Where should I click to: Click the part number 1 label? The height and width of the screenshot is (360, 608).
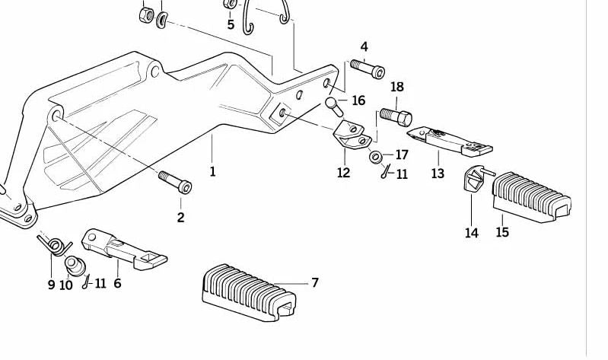tap(212, 171)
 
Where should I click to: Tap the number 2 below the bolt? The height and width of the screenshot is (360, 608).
tap(180, 218)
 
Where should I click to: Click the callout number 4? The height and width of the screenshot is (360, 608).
tap(364, 47)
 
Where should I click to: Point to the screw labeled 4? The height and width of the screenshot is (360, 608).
tap(368, 70)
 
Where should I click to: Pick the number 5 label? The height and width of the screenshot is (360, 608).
tap(231, 24)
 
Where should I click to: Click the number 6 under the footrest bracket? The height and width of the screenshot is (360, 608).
tap(117, 283)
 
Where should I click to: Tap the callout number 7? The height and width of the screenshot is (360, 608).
tap(314, 283)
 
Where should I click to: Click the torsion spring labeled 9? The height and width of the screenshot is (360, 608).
tap(53, 245)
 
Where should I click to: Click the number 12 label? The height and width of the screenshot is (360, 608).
tap(343, 173)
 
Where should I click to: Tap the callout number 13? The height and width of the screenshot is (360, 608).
tap(437, 174)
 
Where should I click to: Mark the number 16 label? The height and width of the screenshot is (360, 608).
tap(358, 100)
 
